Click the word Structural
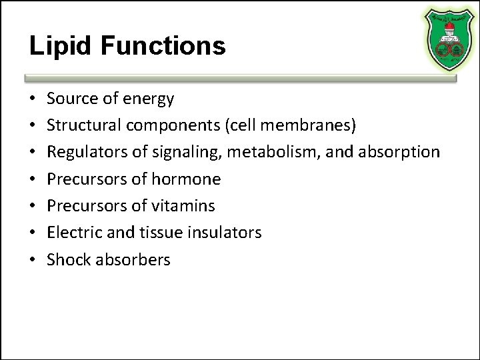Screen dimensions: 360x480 [x=81, y=125]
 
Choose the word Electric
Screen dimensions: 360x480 [x=72, y=232]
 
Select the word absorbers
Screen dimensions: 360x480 [x=132, y=259]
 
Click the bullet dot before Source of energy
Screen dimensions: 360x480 [x=32, y=100]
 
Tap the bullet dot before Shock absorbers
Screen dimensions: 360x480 [x=32, y=259]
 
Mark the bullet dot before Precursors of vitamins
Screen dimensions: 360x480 [x=32, y=206]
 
